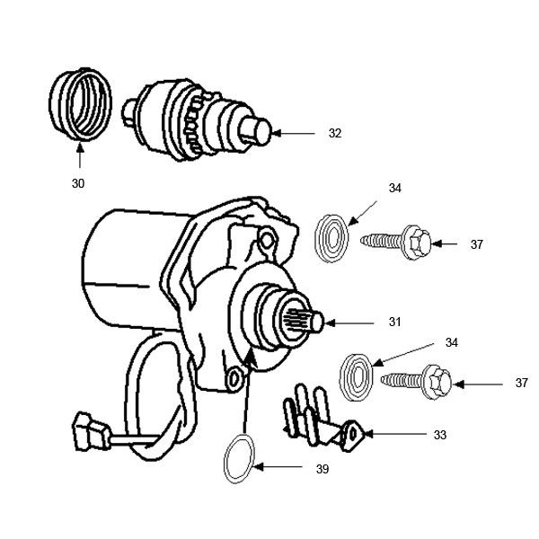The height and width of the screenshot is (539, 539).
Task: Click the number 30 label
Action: click(x=78, y=183)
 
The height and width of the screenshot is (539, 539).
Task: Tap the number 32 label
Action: click(x=335, y=133)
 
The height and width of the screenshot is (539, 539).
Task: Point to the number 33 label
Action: click(x=439, y=435)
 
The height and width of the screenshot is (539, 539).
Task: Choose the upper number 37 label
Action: click(x=476, y=243)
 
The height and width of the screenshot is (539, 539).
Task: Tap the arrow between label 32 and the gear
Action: click(x=293, y=133)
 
